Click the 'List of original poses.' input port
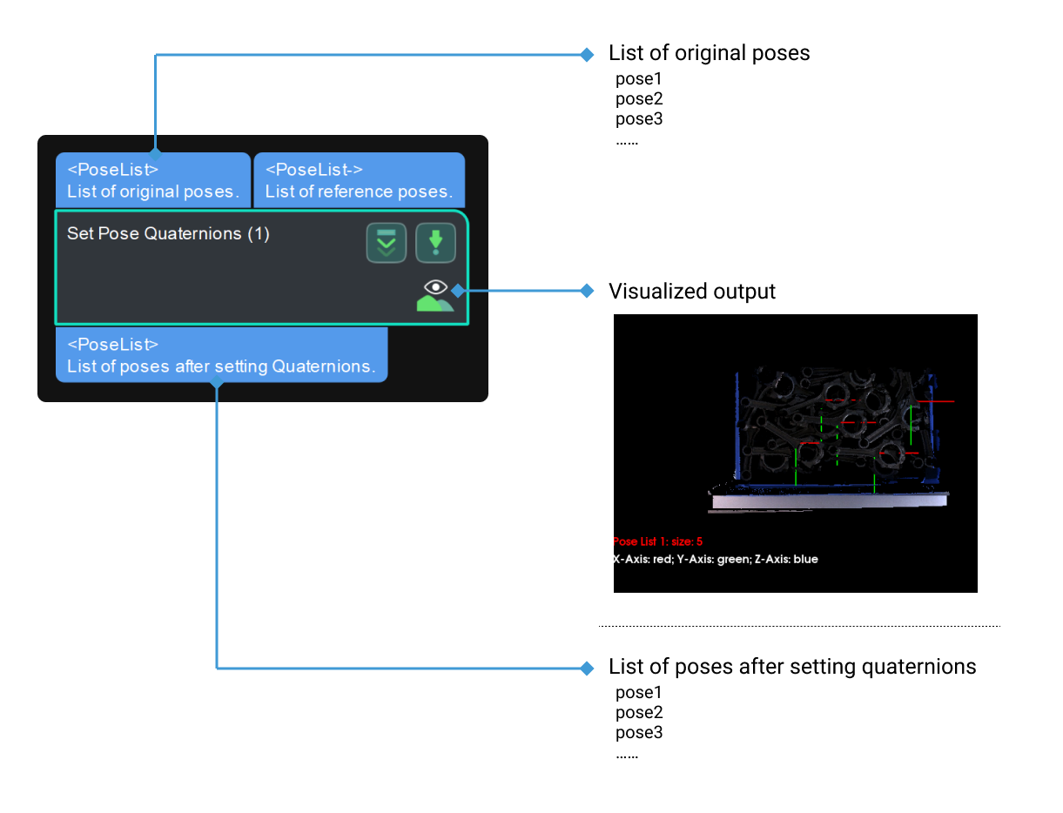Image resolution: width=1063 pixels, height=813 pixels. [x=153, y=180]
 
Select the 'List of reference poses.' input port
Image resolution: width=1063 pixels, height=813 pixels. [x=359, y=180]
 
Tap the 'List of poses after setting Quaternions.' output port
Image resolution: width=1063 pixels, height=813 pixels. [x=221, y=355]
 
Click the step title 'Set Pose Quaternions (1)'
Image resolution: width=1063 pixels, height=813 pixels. [x=168, y=233]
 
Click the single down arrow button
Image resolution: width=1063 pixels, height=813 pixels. [x=435, y=244]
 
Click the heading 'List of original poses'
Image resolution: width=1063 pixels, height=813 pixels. [x=709, y=53]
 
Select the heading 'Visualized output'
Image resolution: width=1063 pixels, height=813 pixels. [x=691, y=291]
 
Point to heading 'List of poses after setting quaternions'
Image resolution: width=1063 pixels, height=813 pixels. [x=791, y=667]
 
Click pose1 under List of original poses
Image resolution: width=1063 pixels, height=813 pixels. [x=639, y=79]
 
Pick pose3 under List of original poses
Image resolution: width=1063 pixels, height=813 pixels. [x=639, y=119]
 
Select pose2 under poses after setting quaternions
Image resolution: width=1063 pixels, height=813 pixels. [x=639, y=713]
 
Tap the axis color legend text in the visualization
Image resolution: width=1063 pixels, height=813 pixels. [x=716, y=559]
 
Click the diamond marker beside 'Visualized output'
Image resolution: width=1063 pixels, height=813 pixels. [x=587, y=291]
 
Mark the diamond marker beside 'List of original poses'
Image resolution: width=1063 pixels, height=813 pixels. [x=587, y=54]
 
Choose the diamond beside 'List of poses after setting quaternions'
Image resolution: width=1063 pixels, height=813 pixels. [x=587, y=668]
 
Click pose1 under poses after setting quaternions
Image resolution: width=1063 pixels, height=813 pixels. [x=639, y=693]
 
